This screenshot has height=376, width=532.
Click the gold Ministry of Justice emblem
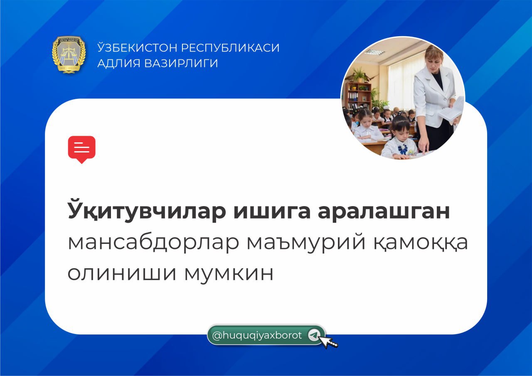point(69,54)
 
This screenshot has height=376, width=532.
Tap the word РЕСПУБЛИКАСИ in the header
point(230,48)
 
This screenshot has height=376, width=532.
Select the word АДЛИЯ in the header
point(119,63)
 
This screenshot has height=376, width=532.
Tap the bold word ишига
point(272,211)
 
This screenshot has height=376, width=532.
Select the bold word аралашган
point(384,211)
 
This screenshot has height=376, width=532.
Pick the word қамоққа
point(421,243)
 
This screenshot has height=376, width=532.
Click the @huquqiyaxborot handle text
point(257,335)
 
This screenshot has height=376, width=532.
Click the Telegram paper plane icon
point(314,335)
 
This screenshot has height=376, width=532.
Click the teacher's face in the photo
point(434,62)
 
